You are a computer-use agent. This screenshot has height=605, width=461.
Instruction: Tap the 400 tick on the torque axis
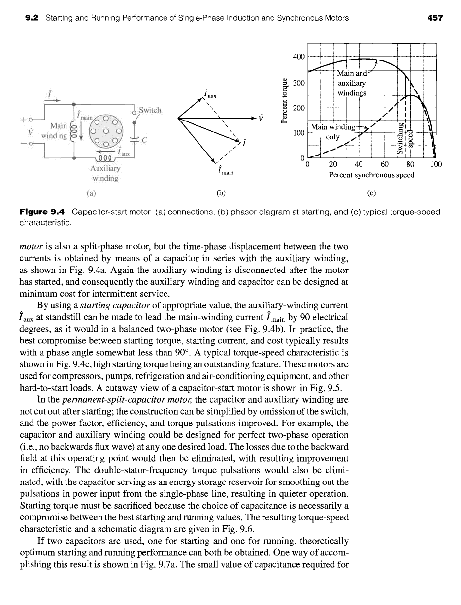pyautogui.click(x=299, y=56)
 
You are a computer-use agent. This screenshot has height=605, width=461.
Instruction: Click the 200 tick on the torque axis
pyautogui.click(x=299, y=107)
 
